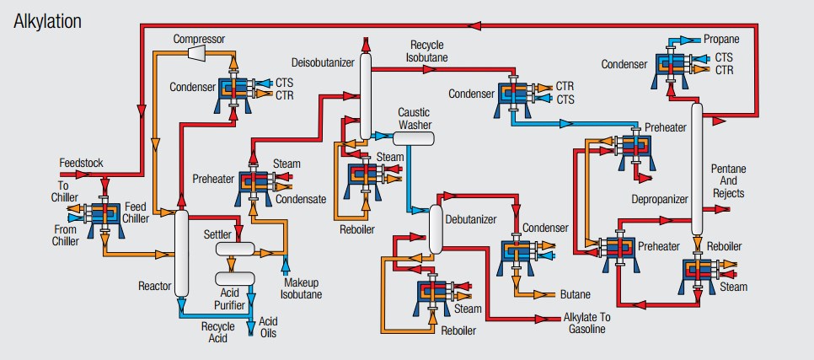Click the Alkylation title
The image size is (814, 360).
[49, 22]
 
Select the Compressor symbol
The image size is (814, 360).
[199, 53]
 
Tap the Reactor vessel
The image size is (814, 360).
[181, 253]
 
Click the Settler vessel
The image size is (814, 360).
[235, 250]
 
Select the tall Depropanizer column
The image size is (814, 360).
[697, 169]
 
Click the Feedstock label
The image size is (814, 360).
[83, 161]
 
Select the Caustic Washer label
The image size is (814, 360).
[415, 119]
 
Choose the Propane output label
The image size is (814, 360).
[721, 40]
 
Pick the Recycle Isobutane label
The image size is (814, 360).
[429, 51]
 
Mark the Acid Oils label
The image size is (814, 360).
[268, 327]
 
